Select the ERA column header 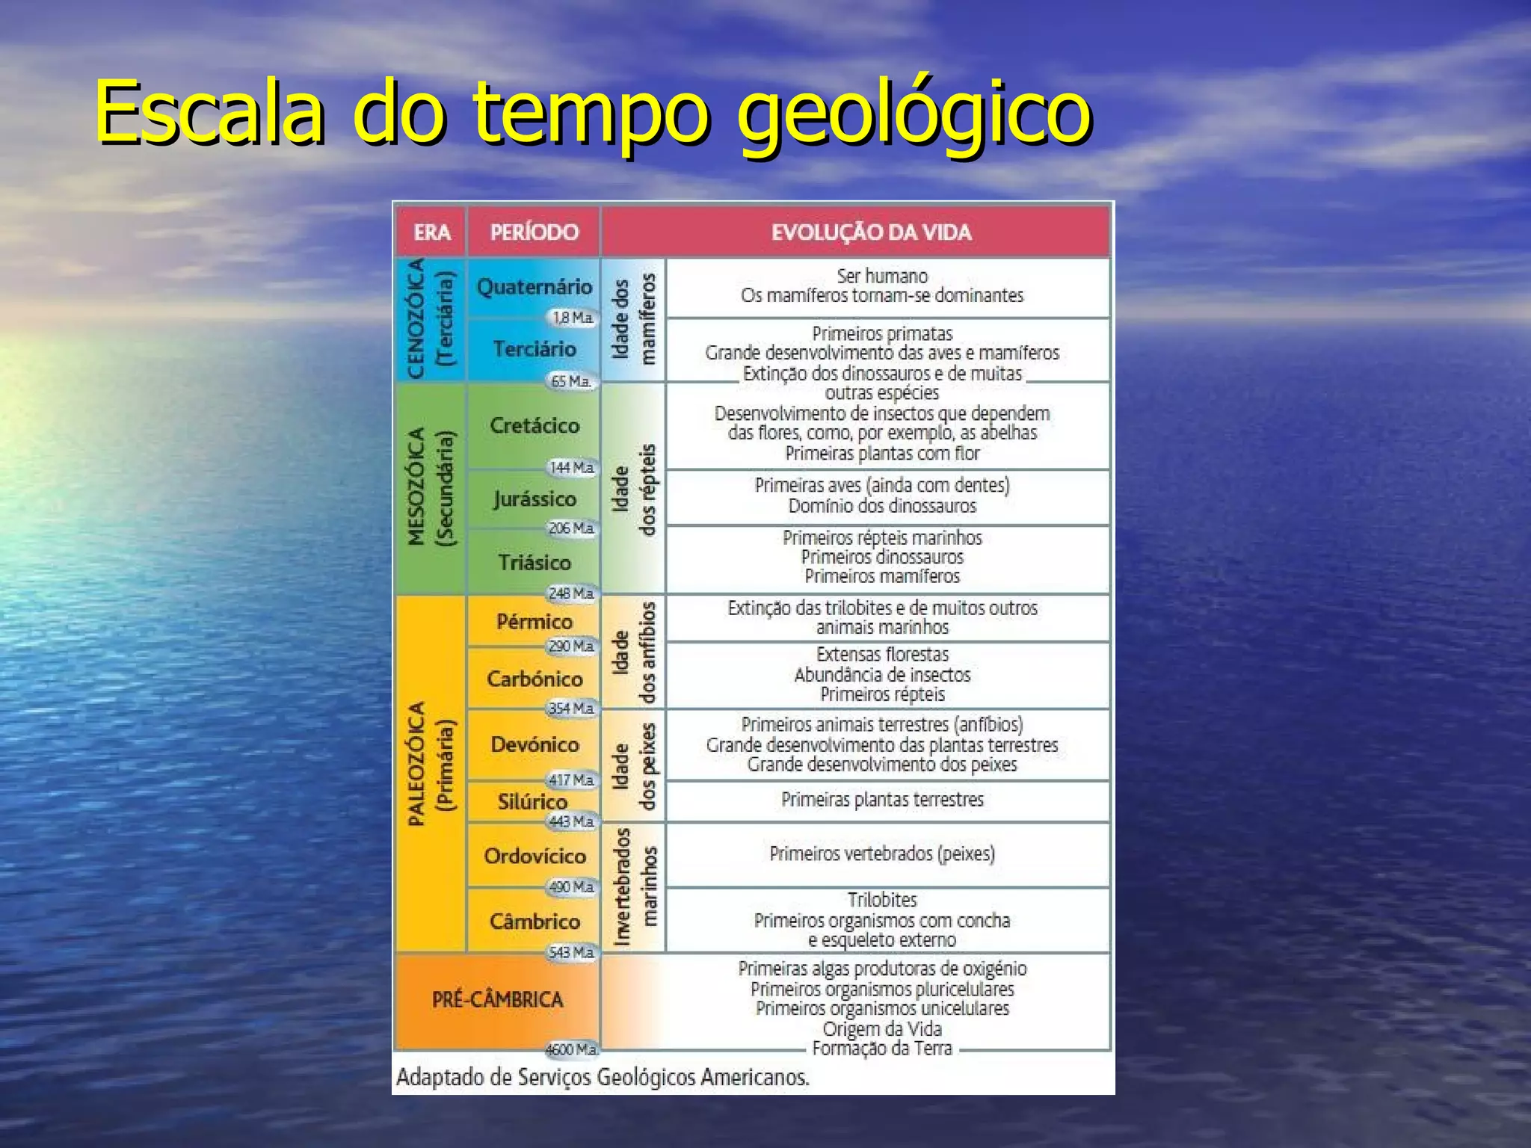(432, 232)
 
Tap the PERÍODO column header (534, 232)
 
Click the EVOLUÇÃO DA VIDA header (871, 232)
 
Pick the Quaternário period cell (534, 286)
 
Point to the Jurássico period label (535, 499)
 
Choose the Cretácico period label (535, 425)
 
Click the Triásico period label (535, 562)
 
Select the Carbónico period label (535, 679)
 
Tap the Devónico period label (535, 744)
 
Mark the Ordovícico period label (535, 856)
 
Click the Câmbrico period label (535, 921)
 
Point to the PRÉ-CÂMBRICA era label (497, 999)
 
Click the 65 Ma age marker (571, 381)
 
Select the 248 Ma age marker (571, 593)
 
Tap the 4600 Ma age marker (571, 1049)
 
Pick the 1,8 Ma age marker (573, 318)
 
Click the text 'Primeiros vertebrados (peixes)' (882, 854)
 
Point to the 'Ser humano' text (882, 276)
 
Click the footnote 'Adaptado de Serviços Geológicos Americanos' (603, 1077)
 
